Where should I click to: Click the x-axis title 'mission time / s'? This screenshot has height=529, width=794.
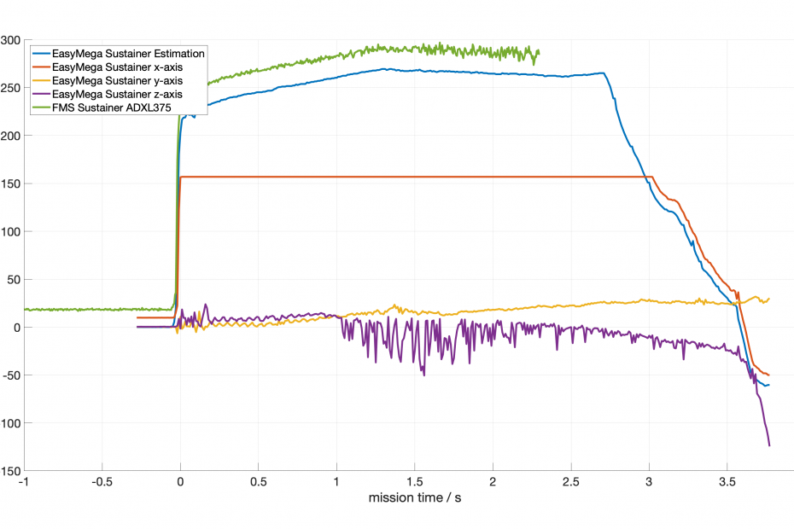[414, 497]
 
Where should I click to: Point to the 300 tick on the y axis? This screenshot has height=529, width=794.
[10, 40]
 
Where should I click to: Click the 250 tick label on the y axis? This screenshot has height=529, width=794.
[10, 88]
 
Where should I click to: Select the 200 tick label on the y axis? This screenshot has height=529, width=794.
[10, 136]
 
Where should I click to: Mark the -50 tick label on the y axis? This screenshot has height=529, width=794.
[10, 375]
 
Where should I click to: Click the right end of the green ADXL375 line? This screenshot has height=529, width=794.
[538, 52]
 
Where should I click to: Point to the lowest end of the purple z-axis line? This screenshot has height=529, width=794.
[769, 445]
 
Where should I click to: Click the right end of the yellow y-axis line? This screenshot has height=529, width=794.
[769, 299]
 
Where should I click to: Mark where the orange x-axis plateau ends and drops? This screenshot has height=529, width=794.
[652, 177]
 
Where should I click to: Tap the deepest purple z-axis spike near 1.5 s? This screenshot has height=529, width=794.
[423, 375]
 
